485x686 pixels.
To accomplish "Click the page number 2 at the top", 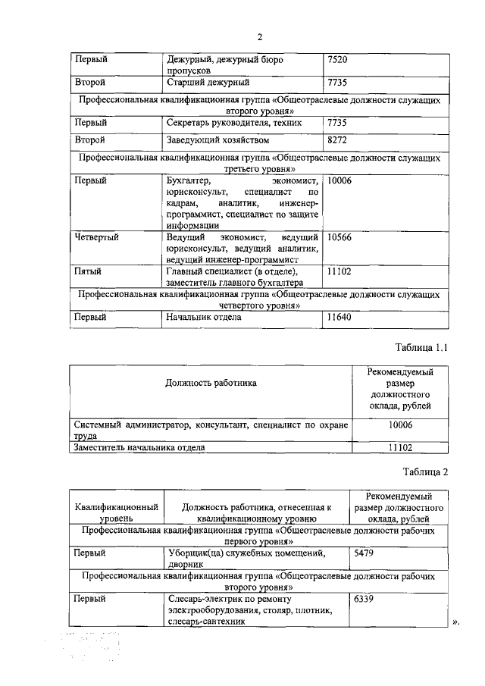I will coord(259,36).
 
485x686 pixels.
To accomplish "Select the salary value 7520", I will coord(337,59).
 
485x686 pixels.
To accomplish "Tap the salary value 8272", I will coord(337,140).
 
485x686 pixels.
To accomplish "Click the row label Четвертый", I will coord(97,237).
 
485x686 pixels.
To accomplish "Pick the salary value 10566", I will coord(339,237).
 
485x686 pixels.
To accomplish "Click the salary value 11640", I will coord(339,318).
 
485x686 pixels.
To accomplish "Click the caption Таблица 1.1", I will coord(422,348).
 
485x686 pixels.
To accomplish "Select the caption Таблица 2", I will coord(427,471).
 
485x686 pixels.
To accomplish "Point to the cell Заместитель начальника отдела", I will coord(139,447).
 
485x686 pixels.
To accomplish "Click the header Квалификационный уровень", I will coord(116,512).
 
